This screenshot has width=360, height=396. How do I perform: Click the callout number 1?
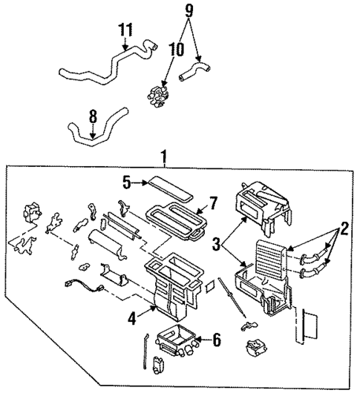162,157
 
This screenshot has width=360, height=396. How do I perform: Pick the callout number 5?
127,180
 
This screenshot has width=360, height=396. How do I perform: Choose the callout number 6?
216,340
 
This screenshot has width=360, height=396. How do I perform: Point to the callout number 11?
125,30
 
